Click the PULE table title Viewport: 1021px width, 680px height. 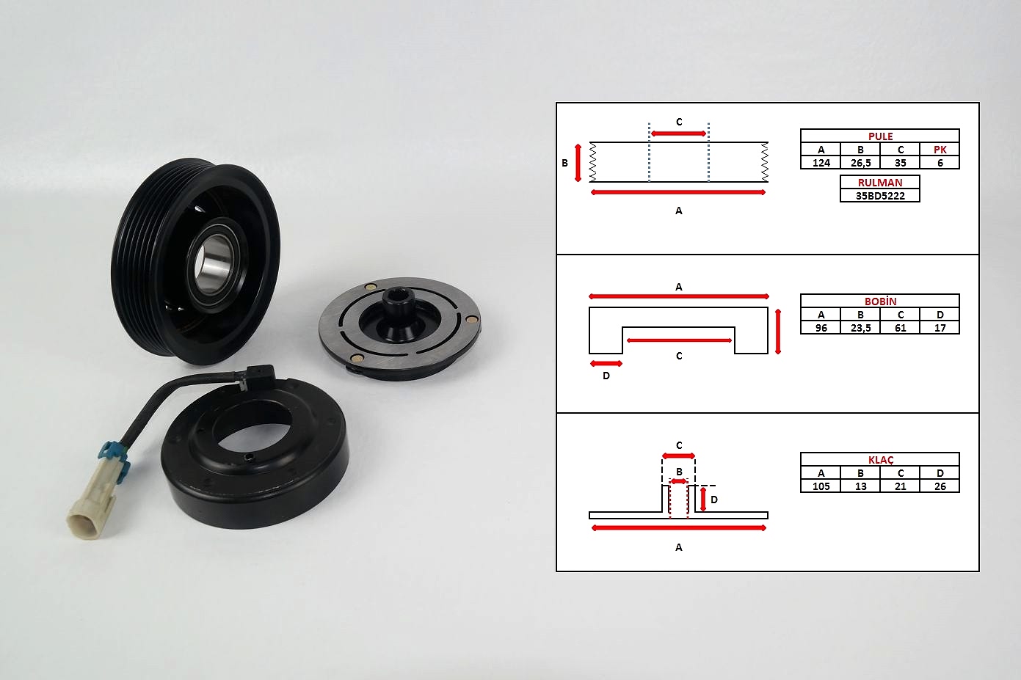(x=880, y=136)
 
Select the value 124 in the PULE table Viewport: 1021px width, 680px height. (x=821, y=163)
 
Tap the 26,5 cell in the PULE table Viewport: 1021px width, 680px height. (x=860, y=163)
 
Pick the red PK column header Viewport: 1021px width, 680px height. (x=940, y=150)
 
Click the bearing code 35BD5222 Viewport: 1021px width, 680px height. (x=880, y=196)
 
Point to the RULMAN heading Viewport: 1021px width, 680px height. (x=880, y=183)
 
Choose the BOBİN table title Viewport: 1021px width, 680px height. (x=880, y=301)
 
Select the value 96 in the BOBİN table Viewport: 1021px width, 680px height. (x=821, y=328)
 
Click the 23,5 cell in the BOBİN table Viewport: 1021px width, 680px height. (x=860, y=328)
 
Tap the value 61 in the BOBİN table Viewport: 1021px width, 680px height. (x=900, y=328)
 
